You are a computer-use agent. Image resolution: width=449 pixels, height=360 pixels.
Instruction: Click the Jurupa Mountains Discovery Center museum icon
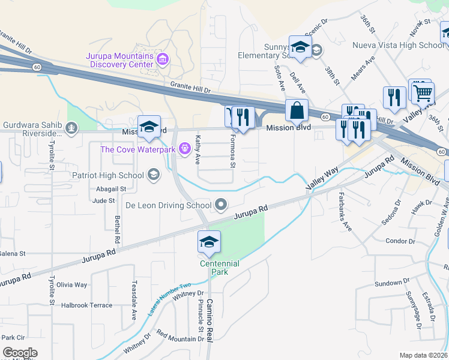click(162, 59)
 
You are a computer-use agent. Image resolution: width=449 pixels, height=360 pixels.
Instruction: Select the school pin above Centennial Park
click(209, 242)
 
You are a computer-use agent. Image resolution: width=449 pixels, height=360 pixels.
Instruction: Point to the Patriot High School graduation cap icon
click(153, 175)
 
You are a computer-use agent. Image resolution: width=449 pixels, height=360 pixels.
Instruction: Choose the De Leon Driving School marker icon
click(221, 205)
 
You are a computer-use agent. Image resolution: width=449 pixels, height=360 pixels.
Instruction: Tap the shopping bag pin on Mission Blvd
click(297, 110)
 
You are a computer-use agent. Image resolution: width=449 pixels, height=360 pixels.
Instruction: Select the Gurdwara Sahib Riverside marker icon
click(71, 127)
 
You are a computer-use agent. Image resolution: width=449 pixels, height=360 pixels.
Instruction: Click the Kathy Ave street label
click(197, 150)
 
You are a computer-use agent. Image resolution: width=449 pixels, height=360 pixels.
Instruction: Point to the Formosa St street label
click(233, 151)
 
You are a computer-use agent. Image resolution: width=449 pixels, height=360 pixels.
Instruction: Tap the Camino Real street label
click(209, 319)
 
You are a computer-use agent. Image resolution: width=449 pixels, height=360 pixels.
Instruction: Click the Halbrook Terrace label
click(86, 305)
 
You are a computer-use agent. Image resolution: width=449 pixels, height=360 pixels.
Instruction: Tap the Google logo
click(20, 353)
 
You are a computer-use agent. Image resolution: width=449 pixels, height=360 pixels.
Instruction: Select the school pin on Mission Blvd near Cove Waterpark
click(149, 126)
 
